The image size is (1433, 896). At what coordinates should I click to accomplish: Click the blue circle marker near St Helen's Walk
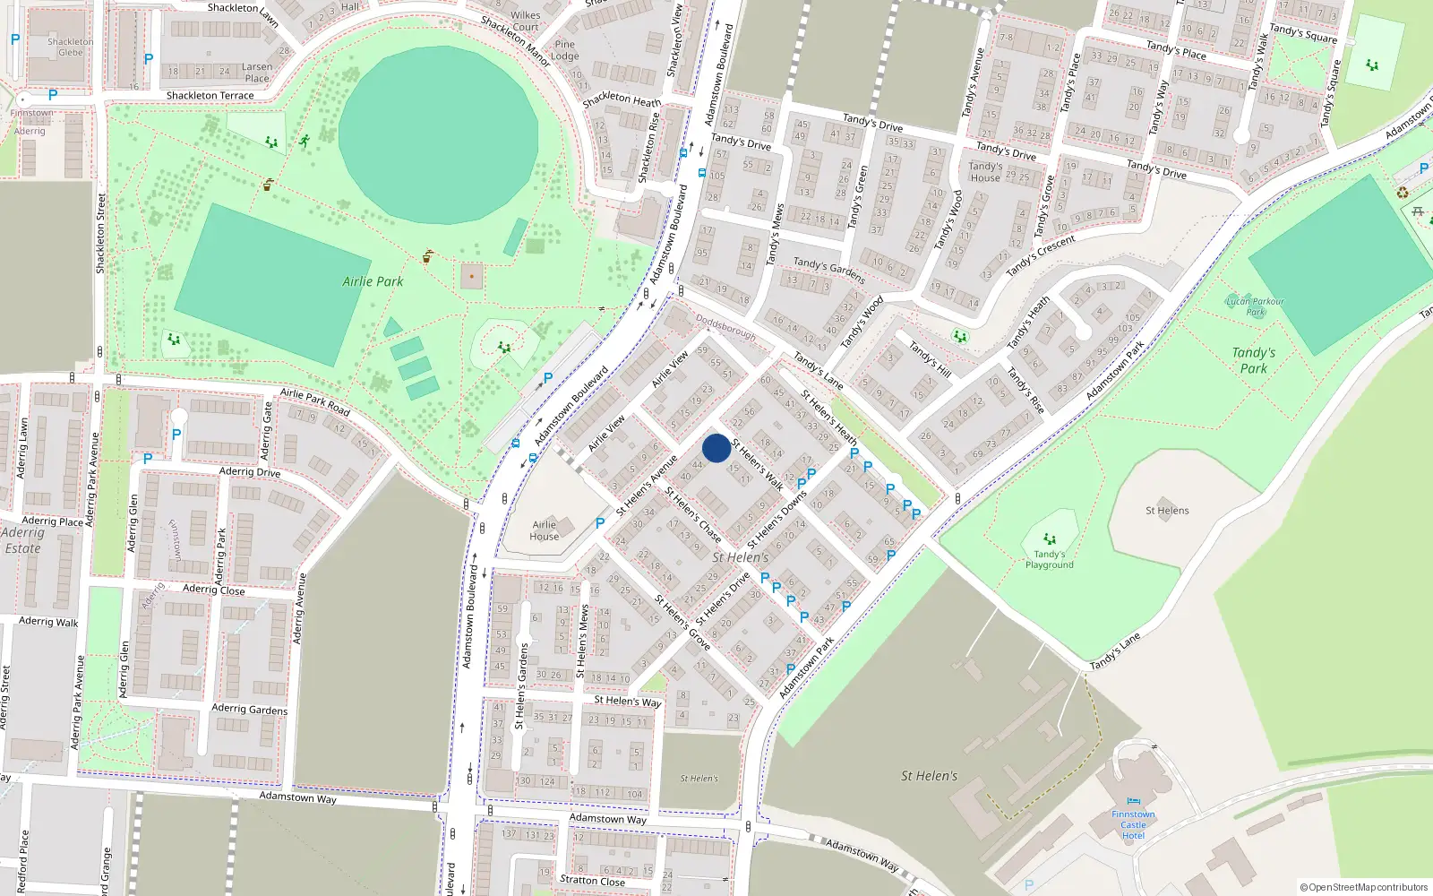pyautogui.click(x=716, y=448)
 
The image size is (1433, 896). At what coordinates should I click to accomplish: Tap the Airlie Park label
pyautogui.click(x=373, y=281)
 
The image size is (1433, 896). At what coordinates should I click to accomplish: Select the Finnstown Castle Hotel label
pyautogui.click(x=1133, y=824)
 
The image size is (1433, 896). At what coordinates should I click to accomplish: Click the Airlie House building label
pyautogui.click(x=545, y=530)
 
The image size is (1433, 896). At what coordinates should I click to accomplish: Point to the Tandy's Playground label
pyautogui.click(x=1050, y=559)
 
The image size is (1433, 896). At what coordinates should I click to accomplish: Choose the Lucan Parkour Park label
pyautogui.click(x=1256, y=306)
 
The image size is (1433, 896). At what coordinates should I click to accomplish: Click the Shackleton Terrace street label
pyautogui.click(x=210, y=95)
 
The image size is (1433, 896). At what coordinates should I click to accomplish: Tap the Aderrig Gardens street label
pyautogui.click(x=250, y=709)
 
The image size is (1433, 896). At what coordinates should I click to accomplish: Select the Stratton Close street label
pyautogui.click(x=592, y=880)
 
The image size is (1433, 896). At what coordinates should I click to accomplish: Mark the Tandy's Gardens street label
pyautogui.click(x=828, y=269)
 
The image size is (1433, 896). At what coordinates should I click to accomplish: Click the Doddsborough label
pyautogui.click(x=725, y=326)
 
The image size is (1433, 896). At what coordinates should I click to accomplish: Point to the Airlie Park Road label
pyautogui.click(x=314, y=401)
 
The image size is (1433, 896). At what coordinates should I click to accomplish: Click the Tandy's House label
pyautogui.click(x=985, y=172)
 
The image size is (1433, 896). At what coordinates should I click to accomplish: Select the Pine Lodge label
pyautogui.click(x=565, y=49)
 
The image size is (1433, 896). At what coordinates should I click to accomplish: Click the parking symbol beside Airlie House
pyautogui.click(x=600, y=523)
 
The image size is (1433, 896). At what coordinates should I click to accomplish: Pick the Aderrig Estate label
pyautogui.click(x=22, y=540)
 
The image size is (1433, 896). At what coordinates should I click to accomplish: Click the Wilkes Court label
pyautogui.click(x=526, y=21)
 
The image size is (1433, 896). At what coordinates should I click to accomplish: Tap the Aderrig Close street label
pyautogui.click(x=213, y=590)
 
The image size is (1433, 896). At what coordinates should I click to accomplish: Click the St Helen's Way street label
pyautogui.click(x=628, y=701)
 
